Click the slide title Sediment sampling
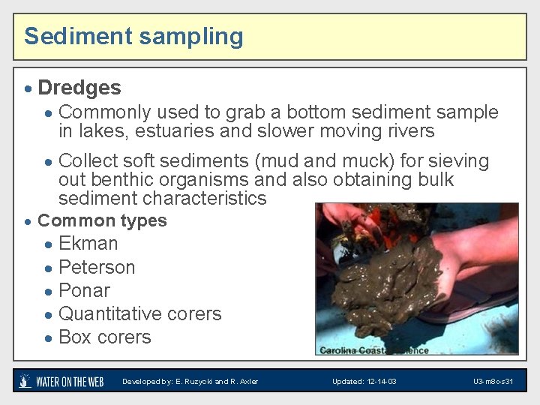coord(133,36)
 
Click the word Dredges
coord(79,88)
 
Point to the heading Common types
coord(102,220)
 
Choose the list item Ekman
coord(88,244)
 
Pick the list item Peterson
coord(97,267)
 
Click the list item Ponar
coord(84,290)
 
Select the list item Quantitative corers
coord(139,313)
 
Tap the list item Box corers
coord(104,337)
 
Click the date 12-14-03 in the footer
coord(380,382)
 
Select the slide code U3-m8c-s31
coord(493,382)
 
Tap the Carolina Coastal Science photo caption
coord(373,349)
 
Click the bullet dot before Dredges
coord(28,89)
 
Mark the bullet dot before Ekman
coord(48,244)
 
